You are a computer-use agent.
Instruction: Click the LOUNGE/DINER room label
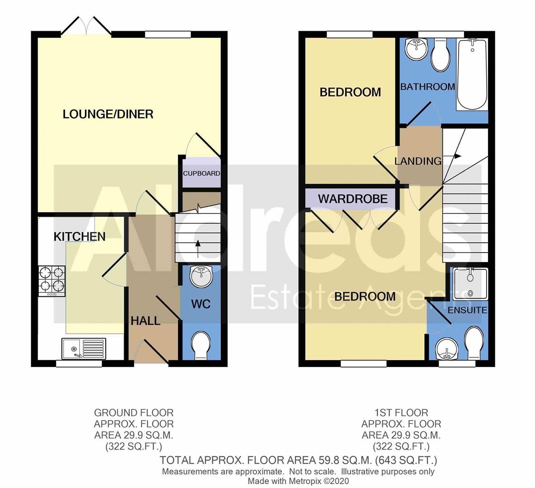click(x=108, y=114)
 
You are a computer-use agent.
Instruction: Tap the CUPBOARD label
click(x=202, y=174)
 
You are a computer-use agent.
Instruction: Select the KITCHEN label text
click(x=80, y=236)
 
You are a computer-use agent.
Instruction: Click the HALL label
click(x=145, y=321)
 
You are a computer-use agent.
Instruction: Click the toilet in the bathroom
click(x=441, y=56)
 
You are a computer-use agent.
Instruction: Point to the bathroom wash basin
click(x=417, y=49)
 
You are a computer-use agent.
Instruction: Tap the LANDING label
click(x=418, y=161)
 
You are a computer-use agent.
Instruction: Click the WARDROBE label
click(x=352, y=199)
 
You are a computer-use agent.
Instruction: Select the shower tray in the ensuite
click(x=470, y=283)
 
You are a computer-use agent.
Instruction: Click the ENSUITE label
click(x=467, y=310)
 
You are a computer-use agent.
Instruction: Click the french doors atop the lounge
click(x=86, y=26)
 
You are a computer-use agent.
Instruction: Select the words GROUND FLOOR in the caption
click(x=133, y=413)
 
